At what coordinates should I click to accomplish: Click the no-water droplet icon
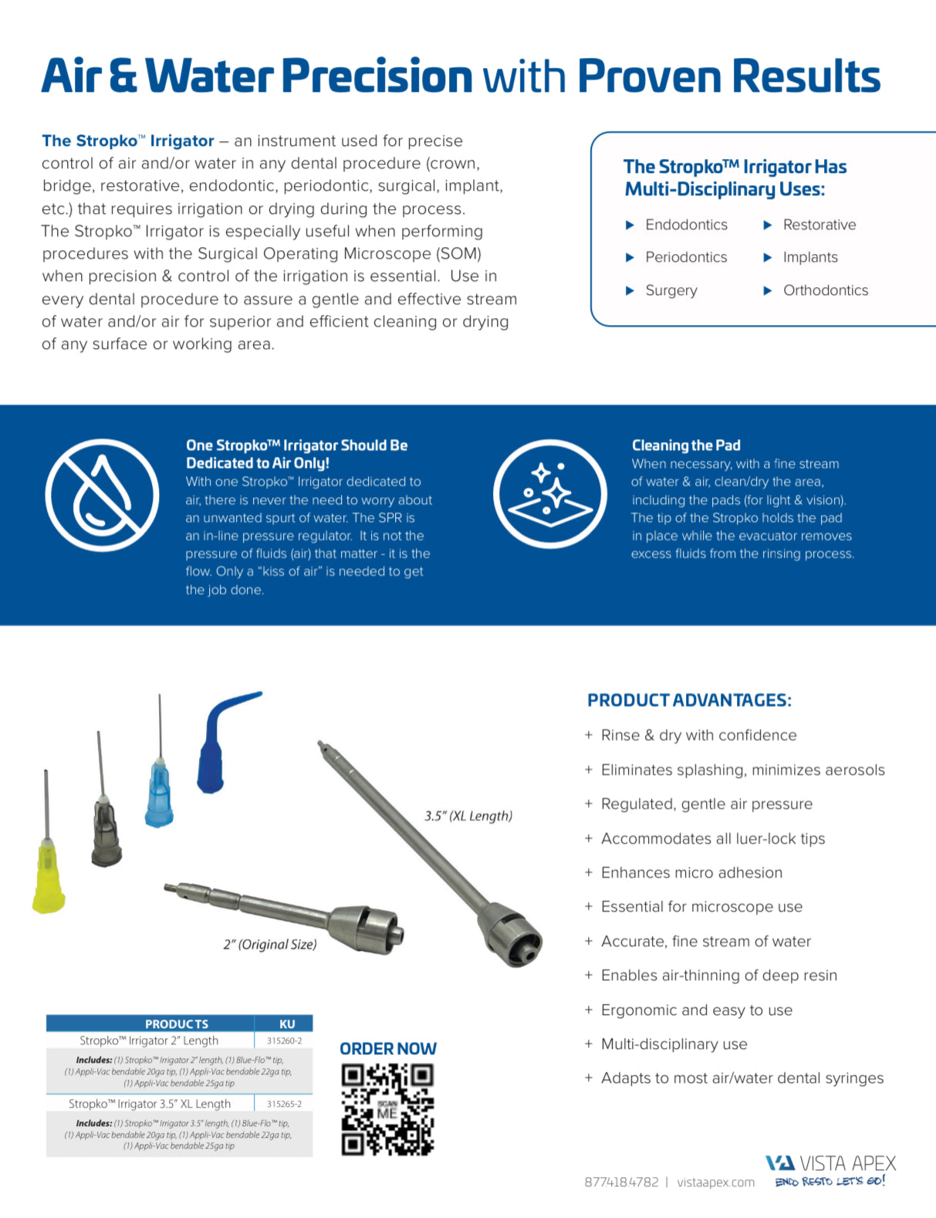tap(101, 495)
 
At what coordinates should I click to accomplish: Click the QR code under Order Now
tap(387, 1109)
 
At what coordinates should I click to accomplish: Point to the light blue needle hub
tap(160, 795)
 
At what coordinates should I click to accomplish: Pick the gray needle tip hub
tap(106, 832)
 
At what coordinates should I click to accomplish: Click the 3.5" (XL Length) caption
tap(468, 816)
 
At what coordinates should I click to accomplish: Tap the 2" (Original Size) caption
tap(270, 944)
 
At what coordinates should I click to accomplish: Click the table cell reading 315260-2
tap(284, 1040)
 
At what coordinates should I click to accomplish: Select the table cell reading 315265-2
tap(284, 1104)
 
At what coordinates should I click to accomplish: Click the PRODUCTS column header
tap(177, 1023)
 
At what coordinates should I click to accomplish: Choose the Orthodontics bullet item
tap(825, 290)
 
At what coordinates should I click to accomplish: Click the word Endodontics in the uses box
tap(686, 225)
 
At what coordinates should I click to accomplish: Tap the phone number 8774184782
tap(621, 1182)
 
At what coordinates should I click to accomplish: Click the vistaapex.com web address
tap(715, 1182)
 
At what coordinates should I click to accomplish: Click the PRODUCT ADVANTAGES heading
tap(689, 700)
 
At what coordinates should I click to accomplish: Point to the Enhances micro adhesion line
tap(691, 872)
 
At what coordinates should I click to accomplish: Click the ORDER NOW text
tap(388, 1048)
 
